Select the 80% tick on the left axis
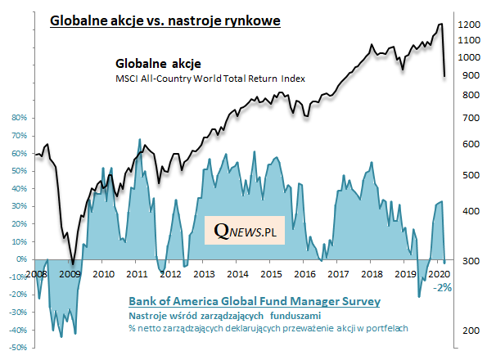tap(19, 117)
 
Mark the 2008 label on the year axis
tap(37, 272)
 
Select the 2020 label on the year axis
tap(438, 272)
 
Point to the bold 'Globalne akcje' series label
tap(157, 63)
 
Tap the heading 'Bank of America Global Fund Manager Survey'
tap(255, 302)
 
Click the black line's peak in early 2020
tap(441, 25)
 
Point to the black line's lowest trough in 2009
tap(72, 263)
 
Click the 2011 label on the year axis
tap(138, 272)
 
